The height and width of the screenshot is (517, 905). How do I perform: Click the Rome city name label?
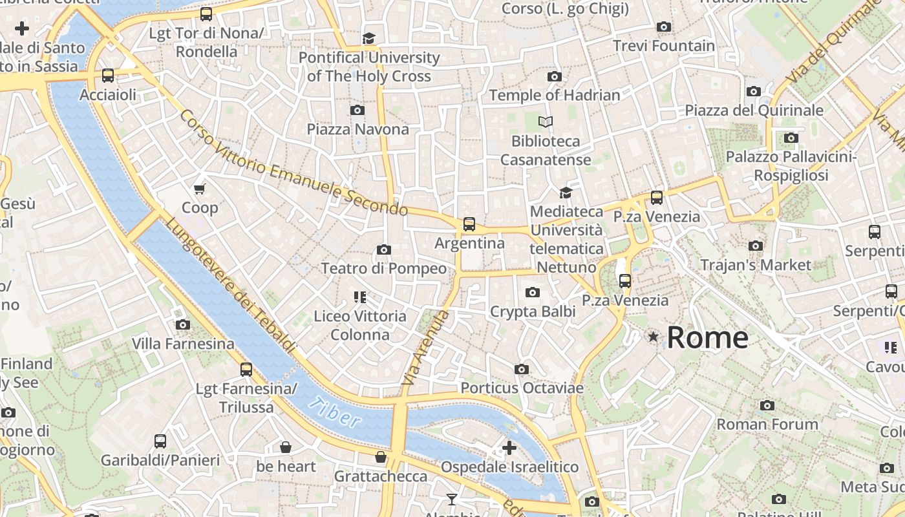click(707, 337)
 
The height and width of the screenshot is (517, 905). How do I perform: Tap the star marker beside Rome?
click(654, 337)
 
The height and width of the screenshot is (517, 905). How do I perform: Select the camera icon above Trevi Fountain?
click(663, 27)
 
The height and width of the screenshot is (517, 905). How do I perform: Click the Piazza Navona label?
click(357, 129)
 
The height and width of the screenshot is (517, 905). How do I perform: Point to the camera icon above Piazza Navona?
click(357, 111)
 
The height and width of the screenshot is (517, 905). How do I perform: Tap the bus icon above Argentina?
click(469, 224)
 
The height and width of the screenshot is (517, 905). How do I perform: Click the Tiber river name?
click(335, 413)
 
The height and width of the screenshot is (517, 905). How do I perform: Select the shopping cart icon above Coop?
click(200, 189)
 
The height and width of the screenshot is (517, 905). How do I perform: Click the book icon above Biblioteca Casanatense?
click(546, 121)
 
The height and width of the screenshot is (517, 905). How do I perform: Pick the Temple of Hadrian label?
click(554, 95)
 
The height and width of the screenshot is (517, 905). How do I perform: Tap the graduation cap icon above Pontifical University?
click(368, 39)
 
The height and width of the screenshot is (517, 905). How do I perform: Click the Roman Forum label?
click(767, 425)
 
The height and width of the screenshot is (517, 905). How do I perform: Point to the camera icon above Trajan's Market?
click(755, 246)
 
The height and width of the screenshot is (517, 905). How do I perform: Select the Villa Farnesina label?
click(183, 343)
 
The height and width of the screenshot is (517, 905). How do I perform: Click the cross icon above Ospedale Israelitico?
click(509, 447)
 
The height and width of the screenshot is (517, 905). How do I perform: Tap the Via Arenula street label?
click(424, 349)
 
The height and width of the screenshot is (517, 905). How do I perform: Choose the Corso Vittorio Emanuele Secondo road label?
click(293, 164)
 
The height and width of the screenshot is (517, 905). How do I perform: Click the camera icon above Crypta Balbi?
click(532, 293)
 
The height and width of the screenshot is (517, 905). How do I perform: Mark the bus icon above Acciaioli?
click(108, 76)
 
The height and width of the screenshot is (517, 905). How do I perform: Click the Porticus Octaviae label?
click(522, 388)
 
